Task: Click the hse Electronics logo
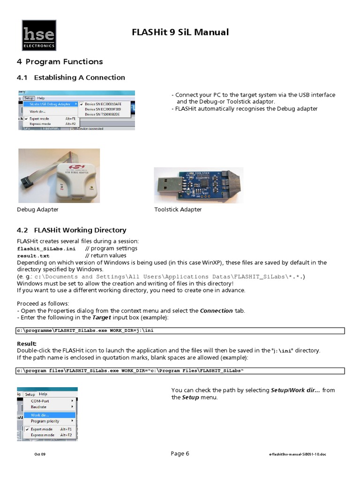click(x=39, y=36)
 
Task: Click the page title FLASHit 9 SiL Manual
click(x=180, y=32)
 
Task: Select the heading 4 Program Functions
click(x=60, y=62)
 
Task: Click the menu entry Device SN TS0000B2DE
click(x=103, y=114)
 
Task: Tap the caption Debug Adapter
click(x=38, y=210)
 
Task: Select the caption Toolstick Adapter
click(x=178, y=210)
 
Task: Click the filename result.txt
click(x=33, y=256)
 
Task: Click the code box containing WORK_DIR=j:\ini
click(x=180, y=330)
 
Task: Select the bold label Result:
click(x=27, y=344)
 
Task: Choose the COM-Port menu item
click(x=40, y=401)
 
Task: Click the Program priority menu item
click(x=45, y=421)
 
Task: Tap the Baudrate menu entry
click(x=38, y=407)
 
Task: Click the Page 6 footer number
click(x=180, y=453)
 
